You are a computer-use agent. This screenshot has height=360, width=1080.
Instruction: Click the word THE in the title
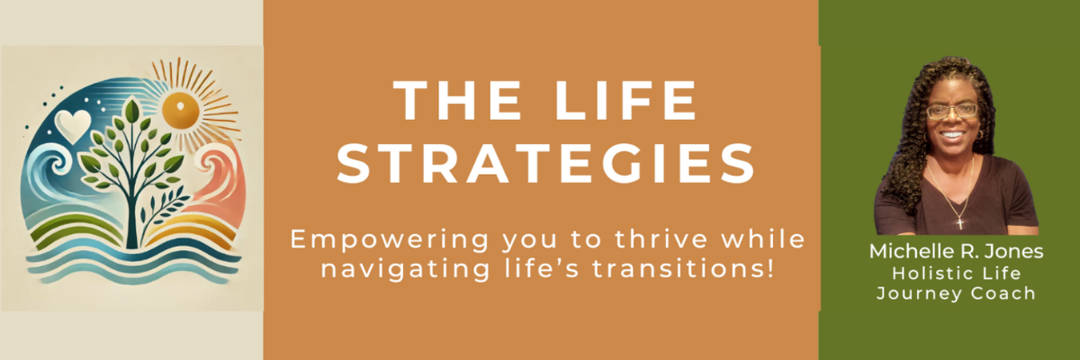tap(457, 100)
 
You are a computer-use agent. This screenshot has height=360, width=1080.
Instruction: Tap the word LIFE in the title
tap(625, 100)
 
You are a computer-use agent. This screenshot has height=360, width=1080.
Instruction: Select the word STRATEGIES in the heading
tap(545, 164)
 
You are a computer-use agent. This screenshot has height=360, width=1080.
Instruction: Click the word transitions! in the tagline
tap(683, 268)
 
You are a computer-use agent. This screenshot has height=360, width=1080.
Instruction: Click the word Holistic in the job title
tap(921, 274)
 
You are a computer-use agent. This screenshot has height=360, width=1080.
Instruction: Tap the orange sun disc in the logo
tap(180, 110)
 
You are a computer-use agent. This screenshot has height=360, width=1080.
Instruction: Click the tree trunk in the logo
tap(131, 217)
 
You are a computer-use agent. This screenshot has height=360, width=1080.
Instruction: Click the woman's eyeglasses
tap(952, 112)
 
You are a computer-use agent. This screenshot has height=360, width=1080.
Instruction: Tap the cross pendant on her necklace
tap(959, 223)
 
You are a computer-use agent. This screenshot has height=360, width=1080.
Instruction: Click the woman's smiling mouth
tap(953, 135)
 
